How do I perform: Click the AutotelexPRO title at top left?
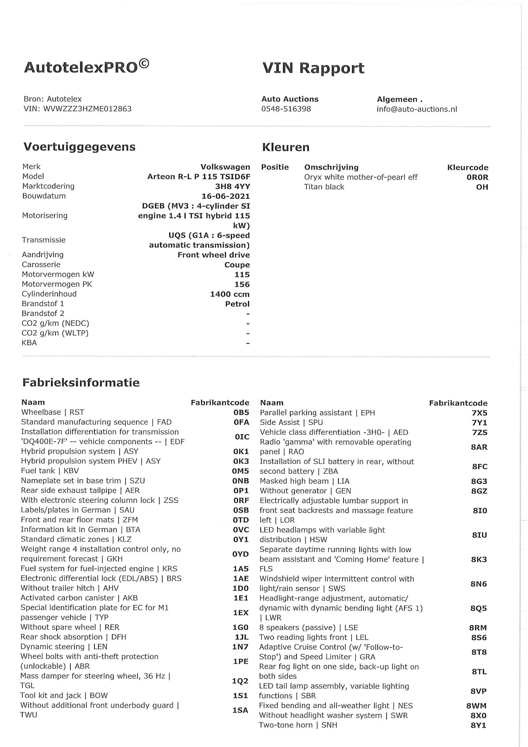[86, 67]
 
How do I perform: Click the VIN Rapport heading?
[313, 68]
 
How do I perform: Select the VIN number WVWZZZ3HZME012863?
[88, 109]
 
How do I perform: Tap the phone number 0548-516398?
[286, 109]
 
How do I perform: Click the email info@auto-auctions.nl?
[417, 109]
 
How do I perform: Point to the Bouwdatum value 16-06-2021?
[226, 196]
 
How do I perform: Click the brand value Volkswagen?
[225, 167]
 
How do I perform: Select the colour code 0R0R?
[477, 177]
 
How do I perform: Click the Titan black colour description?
[324, 187]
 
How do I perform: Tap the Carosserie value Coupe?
[237, 265]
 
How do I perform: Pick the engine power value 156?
[242, 284]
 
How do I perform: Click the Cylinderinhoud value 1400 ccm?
[230, 294]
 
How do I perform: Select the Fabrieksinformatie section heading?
[81, 383]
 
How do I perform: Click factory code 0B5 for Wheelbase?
[241, 412]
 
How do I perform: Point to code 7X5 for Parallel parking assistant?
[479, 413]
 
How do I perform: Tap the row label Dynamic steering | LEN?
[64, 647]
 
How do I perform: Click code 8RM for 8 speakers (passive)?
[478, 628]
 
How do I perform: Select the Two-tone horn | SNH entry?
[298, 725]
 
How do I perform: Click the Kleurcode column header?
[467, 167]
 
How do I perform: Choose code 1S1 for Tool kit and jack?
[241, 696]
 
